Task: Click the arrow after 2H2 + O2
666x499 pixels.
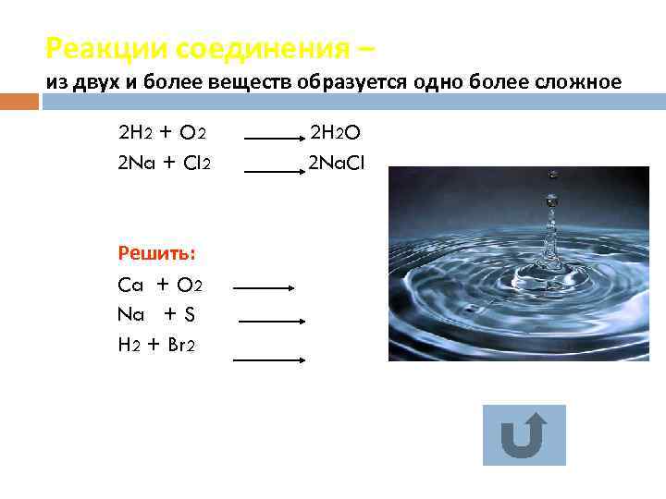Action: [x=274, y=140]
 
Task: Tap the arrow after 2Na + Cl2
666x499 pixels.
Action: [x=274, y=171]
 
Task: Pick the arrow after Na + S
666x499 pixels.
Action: [x=272, y=322]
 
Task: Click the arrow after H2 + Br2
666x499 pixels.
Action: [x=268, y=359]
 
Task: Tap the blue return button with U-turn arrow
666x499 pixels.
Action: [x=524, y=434]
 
